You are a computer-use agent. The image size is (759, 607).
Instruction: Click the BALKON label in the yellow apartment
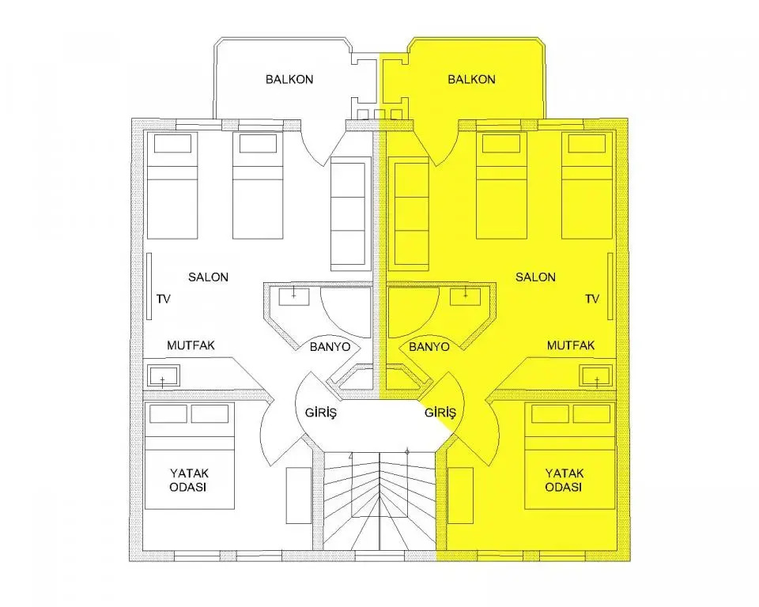[x=471, y=79]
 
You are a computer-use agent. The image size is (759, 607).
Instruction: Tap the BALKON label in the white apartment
[x=289, y=79]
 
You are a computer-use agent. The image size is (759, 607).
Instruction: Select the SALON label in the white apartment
[x=208, y=277]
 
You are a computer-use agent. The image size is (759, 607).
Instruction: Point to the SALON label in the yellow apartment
[x=535, y=277]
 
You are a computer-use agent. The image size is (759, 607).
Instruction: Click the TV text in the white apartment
[x=164, y=299]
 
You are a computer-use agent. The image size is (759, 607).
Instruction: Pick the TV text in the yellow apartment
[x=592, y=299]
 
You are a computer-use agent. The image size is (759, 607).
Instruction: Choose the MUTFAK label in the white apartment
[x=191, y=345]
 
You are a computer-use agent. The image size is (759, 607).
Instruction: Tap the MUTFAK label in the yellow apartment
[x=571, y=345]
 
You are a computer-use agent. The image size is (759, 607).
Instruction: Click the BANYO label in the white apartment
[x=330, y=347]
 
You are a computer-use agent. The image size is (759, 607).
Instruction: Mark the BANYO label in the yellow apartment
[x=429, y=347]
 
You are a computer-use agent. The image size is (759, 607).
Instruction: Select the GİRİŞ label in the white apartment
[x=321, y=413]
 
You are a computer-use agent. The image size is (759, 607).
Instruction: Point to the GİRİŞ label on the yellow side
[x=440, y=413]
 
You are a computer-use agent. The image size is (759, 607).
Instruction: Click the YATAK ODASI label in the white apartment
[x=189, y=480]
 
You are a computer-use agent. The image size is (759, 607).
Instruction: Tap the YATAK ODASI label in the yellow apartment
[x=565, y=480]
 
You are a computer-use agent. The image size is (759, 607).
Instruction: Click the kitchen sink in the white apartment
[x=163, y=375]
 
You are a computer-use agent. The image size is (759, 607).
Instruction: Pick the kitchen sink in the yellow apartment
[x=597, y=375]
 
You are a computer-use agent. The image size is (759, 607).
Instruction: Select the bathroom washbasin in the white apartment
[x=293, y=296]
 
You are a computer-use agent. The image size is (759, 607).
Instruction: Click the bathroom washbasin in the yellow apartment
[x=465, y=296]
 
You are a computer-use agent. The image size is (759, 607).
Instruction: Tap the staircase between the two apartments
[x=379, y=500]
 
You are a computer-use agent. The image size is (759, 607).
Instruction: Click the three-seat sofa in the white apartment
[x=348, y=214]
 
